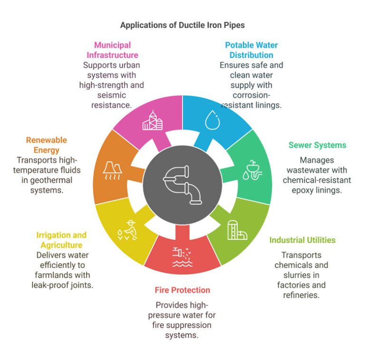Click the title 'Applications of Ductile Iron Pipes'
coord(182,25)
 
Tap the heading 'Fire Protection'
coord(182,290)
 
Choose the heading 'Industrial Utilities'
coord(302,240)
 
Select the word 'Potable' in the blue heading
coord(239,45)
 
